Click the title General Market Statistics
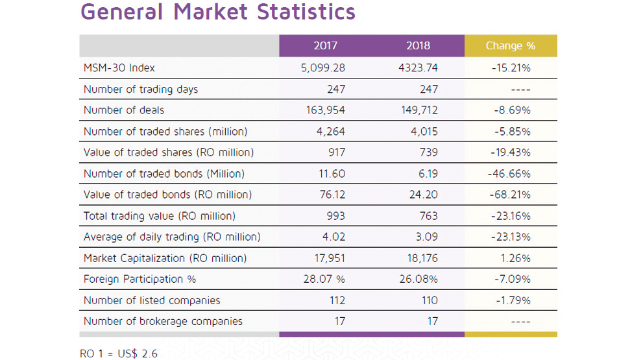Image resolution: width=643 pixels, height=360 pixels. pyautogui.click(x=217, y=12)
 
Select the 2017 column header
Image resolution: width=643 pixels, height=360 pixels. pyautogui.click(x=325, y=46)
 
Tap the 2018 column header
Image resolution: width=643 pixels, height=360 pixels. pyautogui.click(x=418, y=46)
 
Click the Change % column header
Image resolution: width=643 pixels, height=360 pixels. pyautogui.click(x=510, y=46)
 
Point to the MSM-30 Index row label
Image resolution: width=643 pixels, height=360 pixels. pyautogui.click(x=119, y=67)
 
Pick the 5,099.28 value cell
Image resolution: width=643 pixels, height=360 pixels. pyautogui.click(x=325, y=67)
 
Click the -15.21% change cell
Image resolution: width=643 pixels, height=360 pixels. pyautogui.click(x=512, y=67)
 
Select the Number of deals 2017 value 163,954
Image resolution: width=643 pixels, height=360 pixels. pyautogui.click(x=325, y=110)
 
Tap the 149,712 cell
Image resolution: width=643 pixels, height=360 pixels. pyautogui.click(x=419, y=110)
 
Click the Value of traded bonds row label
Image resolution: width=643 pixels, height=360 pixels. pyautogui.click(x=167, y=195)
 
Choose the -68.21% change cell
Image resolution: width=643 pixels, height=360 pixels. pyautogui.click(x=512, y=195)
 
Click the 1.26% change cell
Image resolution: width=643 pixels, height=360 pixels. pyautogui.click(x=516, y=258)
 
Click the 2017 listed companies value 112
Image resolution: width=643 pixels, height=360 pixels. pyautogui.click(x=335, y=300)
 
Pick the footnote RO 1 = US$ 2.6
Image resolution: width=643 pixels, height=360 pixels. pyautogui.click(x=118, y=354)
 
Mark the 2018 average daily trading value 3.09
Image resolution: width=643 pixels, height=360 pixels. pyautogui.click(x=426, y=237)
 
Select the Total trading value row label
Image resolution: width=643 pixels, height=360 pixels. pyautogui.click(x=159, y=216)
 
